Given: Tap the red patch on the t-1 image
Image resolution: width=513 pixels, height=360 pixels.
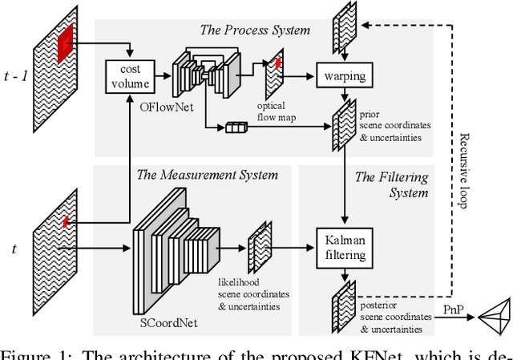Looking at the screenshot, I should click(x=64, y=37).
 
